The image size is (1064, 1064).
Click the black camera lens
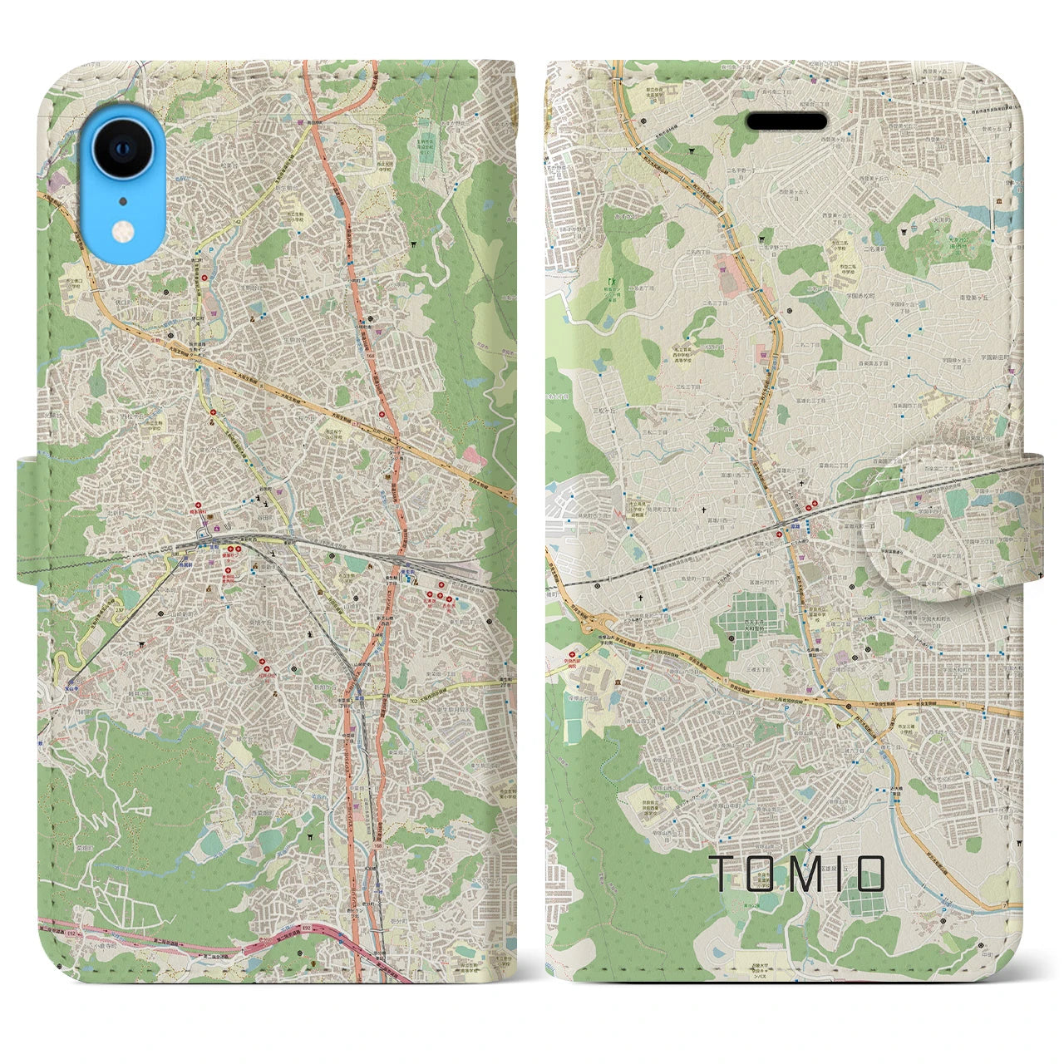(x=123, y=150)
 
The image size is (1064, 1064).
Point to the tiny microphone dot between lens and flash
(x=123, y=200)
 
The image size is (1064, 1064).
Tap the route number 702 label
(x=413, y=700)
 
